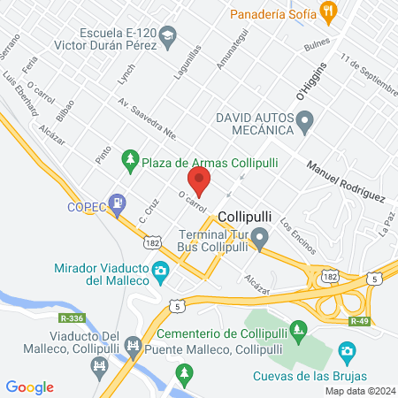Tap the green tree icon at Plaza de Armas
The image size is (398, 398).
pos(131,158)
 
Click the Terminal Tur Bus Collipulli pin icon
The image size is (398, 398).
pos(259,238)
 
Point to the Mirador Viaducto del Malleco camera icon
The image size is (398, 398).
pos(161,272)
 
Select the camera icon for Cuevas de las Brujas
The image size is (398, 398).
pos(347,353)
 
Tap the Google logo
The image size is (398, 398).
pos(30,387)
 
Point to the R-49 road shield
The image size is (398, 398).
pos(357,323)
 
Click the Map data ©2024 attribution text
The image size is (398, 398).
pos(359,390)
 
